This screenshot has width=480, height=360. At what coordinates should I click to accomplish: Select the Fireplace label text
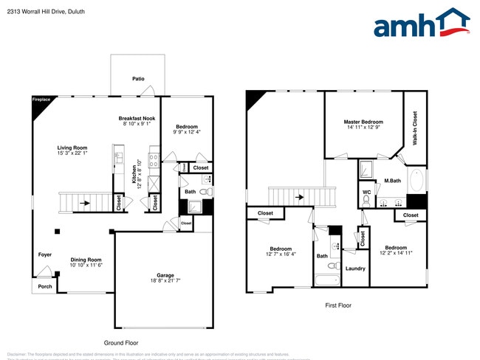pos(41,99)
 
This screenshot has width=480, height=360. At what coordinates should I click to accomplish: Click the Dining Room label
pos(86,259)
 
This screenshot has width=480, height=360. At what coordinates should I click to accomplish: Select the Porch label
pos(45,286)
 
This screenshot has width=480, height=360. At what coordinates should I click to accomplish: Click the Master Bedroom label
pos(363,122)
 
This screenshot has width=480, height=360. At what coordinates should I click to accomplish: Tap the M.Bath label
pos(391,181)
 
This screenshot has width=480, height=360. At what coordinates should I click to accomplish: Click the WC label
pos(366,193)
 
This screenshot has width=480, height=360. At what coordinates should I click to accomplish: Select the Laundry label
pos(355,268)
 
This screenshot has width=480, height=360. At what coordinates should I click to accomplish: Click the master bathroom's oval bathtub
pos(417,181)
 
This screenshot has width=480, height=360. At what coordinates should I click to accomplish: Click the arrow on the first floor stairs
pos(298,197)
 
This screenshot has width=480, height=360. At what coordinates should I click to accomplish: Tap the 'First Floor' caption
pos(337,305)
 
